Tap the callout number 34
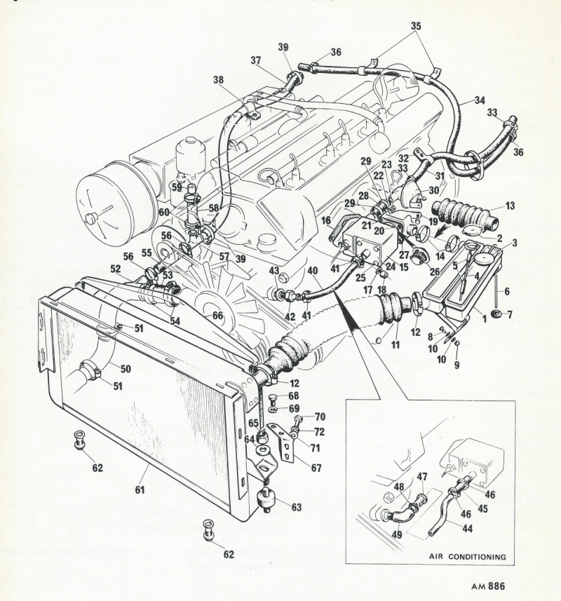(479, 101)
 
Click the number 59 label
(176, 187)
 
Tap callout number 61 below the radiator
(140, 489)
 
